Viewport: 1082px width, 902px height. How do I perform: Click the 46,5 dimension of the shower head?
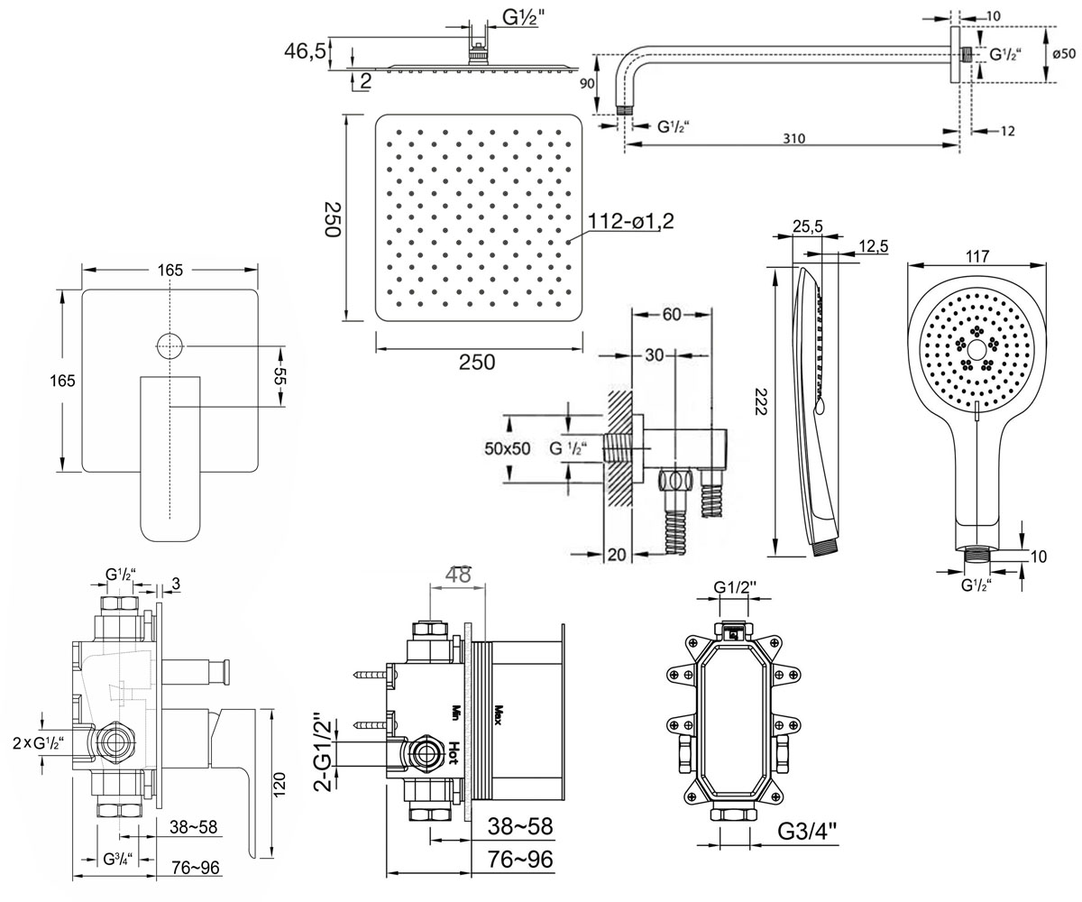point(305,51)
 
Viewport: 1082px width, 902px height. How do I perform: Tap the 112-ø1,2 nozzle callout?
point(630,221)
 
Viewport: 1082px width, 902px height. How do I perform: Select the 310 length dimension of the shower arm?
point(793,138)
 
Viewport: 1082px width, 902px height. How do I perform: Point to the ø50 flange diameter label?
point(1064,53)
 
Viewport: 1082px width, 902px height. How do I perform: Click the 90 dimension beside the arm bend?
point(587,83)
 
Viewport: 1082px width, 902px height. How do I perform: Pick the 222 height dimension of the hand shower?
point(760,401)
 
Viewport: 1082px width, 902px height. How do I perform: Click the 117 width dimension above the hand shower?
point(977,255)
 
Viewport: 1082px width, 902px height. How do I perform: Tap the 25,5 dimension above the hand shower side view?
point(808,226)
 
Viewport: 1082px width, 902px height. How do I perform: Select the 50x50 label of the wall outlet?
point(508,448)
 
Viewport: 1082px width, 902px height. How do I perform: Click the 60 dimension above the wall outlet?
point(672,314)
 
